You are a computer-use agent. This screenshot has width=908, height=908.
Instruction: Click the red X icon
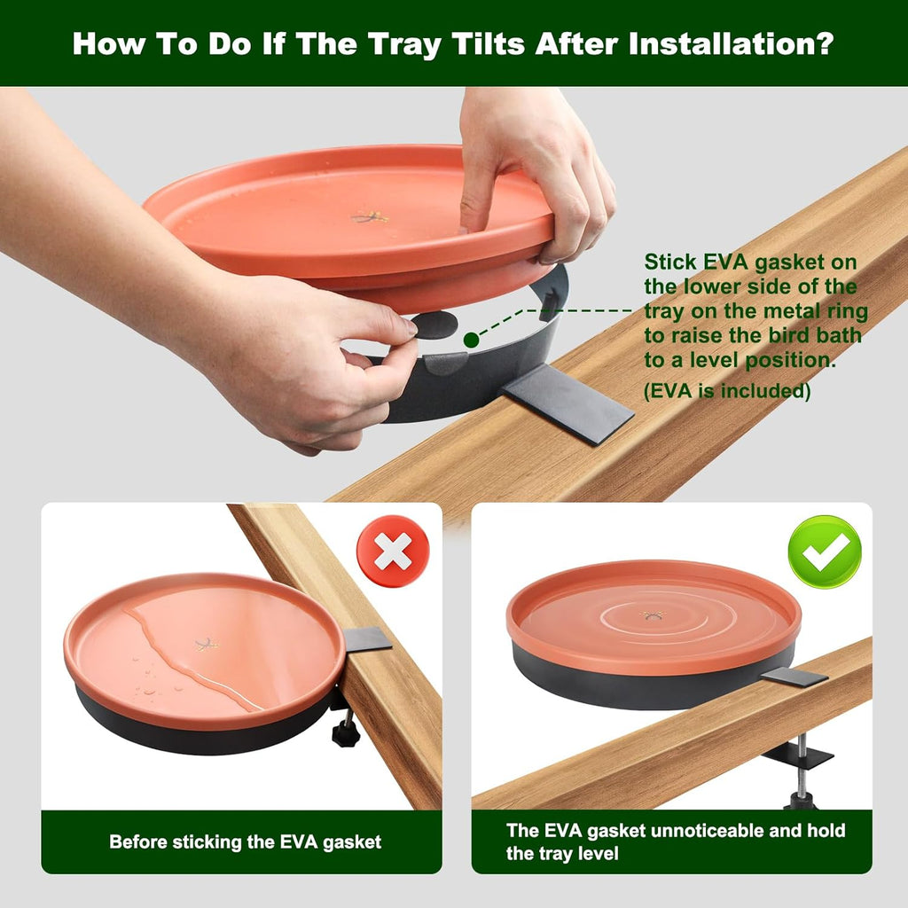393,552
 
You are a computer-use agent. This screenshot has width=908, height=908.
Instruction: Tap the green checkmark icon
825,552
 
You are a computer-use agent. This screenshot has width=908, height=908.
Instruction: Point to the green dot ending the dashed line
471,340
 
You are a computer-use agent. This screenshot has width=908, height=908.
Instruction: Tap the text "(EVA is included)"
727,391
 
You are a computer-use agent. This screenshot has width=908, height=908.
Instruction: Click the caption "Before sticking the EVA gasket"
246,841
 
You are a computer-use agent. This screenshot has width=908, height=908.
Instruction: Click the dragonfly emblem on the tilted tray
207,644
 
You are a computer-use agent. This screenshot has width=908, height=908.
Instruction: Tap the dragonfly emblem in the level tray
654,614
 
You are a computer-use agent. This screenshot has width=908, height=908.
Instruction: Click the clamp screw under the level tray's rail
802,771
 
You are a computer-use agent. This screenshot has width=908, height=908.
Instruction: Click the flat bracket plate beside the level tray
794,677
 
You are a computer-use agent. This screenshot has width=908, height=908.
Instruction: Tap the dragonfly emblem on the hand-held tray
369,216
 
